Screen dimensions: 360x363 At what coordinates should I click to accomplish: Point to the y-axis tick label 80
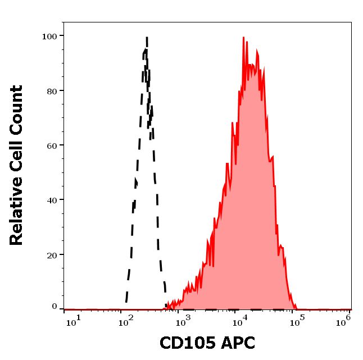click(52, 91)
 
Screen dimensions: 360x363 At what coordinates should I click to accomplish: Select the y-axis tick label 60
click(52, 145)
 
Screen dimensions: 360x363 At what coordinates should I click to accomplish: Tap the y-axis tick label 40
click(52, 200)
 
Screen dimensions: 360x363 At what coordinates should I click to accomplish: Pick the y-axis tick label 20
click(52, 255)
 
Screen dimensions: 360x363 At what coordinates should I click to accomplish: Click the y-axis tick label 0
click(55, 307)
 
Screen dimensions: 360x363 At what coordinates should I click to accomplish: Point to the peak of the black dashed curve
click(147, 38)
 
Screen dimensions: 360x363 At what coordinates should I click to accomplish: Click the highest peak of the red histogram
click(244, 38)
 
